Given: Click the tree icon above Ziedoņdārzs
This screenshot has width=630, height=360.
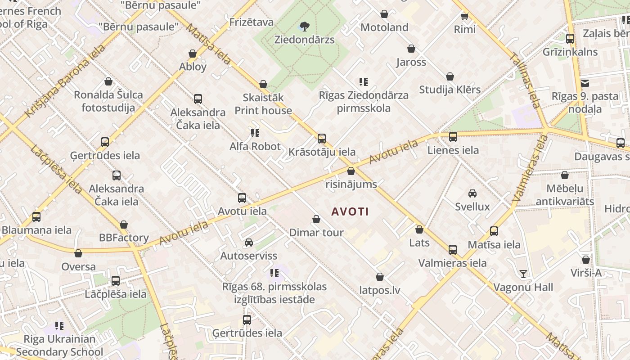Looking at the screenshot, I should (305, 26).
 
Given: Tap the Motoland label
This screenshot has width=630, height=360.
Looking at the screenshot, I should (384, 27).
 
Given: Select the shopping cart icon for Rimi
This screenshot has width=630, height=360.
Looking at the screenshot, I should (465, 16).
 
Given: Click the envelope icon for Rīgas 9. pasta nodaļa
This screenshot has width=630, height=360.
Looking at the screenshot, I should (585, 83).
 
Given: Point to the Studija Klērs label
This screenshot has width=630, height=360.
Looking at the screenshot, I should (450, 90).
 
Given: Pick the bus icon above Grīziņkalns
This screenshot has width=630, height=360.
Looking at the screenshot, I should (570, 38).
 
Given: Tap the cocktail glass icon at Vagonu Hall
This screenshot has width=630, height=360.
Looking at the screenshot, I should (523, 274).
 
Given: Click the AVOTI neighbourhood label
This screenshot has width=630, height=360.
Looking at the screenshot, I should (350, 211).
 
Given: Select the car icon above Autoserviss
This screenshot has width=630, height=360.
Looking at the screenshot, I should (248, 243).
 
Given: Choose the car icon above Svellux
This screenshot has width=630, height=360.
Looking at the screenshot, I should (472, 193).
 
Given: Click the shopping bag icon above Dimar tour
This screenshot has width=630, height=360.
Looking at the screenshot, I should (316, 219).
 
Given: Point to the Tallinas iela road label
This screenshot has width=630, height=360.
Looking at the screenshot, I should (525, 81).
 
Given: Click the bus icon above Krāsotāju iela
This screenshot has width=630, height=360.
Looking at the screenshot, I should (322, 138).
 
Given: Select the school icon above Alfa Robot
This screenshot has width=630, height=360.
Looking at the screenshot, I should (255, 133).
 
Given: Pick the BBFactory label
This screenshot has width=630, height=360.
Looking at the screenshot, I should (124, 238).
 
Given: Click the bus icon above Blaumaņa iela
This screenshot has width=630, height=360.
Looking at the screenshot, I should (36, 216).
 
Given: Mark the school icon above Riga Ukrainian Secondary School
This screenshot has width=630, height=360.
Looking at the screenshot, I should (59, 325).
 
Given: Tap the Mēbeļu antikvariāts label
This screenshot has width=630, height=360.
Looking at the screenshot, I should (564, 195).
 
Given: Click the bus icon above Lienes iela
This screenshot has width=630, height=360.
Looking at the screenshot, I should (453, 136).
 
